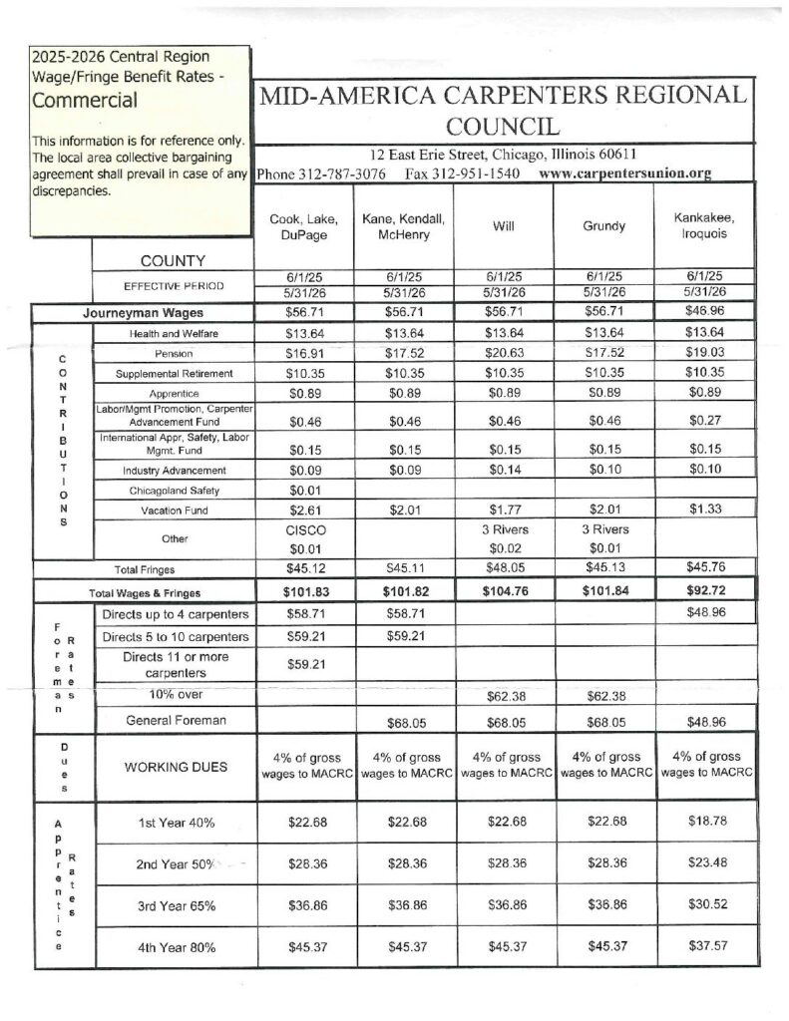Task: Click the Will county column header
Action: tap(503, 226)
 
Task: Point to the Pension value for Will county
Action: tap(503, 353)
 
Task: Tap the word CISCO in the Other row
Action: tap(306, 530)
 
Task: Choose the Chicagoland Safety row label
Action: tap(174, 491)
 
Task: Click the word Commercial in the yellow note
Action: tap(85, 100)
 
